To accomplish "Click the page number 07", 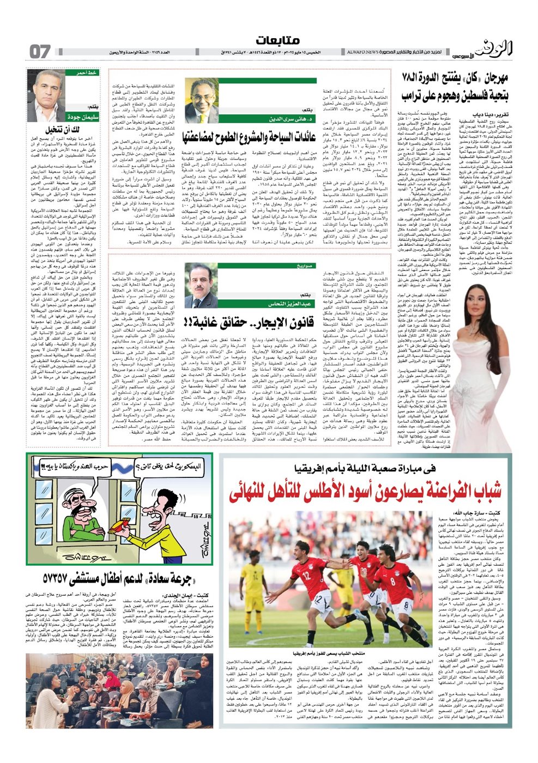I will (x=39, y=52).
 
